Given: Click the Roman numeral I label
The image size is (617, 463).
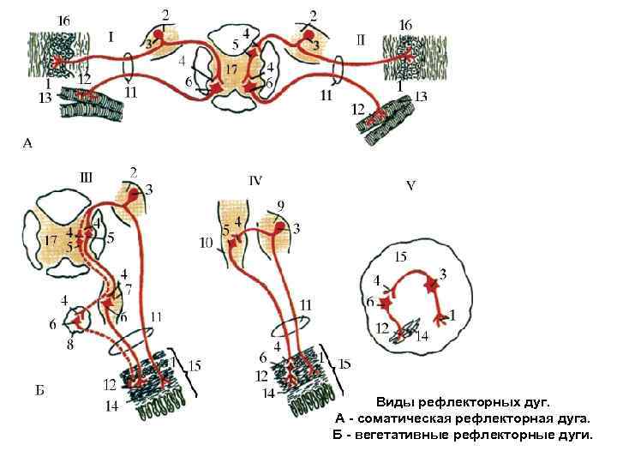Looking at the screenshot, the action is [111, 36].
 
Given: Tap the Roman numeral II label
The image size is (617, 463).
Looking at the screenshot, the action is [360, 39].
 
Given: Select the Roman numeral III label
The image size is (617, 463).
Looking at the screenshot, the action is [86, 178].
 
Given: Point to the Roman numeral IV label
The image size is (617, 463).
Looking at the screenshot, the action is [255, 180].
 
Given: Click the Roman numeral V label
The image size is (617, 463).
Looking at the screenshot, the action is [410, 186].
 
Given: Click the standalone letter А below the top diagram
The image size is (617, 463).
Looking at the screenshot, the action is [27, 144].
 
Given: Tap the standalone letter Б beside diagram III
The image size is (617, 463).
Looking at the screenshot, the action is [40, 391].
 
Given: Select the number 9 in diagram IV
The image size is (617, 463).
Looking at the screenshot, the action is [281, 206].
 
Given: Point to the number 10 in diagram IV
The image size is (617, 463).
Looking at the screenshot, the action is [206, 243].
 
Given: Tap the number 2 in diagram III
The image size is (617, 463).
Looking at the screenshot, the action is [133, 171].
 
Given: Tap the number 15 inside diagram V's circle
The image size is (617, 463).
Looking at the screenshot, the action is [400, 256].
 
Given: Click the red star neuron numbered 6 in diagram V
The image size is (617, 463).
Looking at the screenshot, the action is [386, 302].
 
